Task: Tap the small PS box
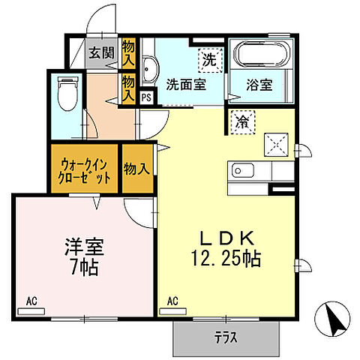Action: [146, 96]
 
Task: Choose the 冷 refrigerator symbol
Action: [244, 119]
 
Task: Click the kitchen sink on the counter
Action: [242, 171]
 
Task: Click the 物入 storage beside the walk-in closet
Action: [136, 169]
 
